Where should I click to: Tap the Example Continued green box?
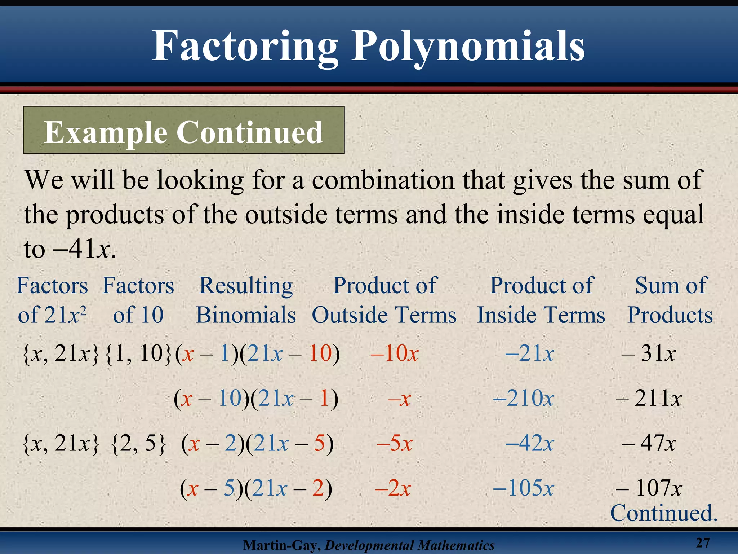(x=184, y=130)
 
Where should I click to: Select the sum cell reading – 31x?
(x=649, y=353)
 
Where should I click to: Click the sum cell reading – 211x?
(x=649, y=399)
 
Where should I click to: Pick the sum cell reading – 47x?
(x=649, y=443)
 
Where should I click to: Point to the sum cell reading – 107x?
(x=649, y=488)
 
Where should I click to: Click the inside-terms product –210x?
(x=523, y=399)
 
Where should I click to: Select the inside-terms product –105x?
(x=523, y=488)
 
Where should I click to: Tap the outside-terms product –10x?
(x=395, y=353)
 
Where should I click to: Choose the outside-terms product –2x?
(x=393, y=488)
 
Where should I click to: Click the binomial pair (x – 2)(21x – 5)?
(x=257, y=443)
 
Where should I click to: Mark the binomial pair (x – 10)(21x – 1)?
(x=256, y=399)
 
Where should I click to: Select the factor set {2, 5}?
(x=139, y=444)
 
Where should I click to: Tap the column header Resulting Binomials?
(x=246, y=300)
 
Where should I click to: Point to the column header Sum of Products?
(x=670, y=300)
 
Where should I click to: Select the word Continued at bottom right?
(x=663, y=513)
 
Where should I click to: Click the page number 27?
(x=702, y=542)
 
